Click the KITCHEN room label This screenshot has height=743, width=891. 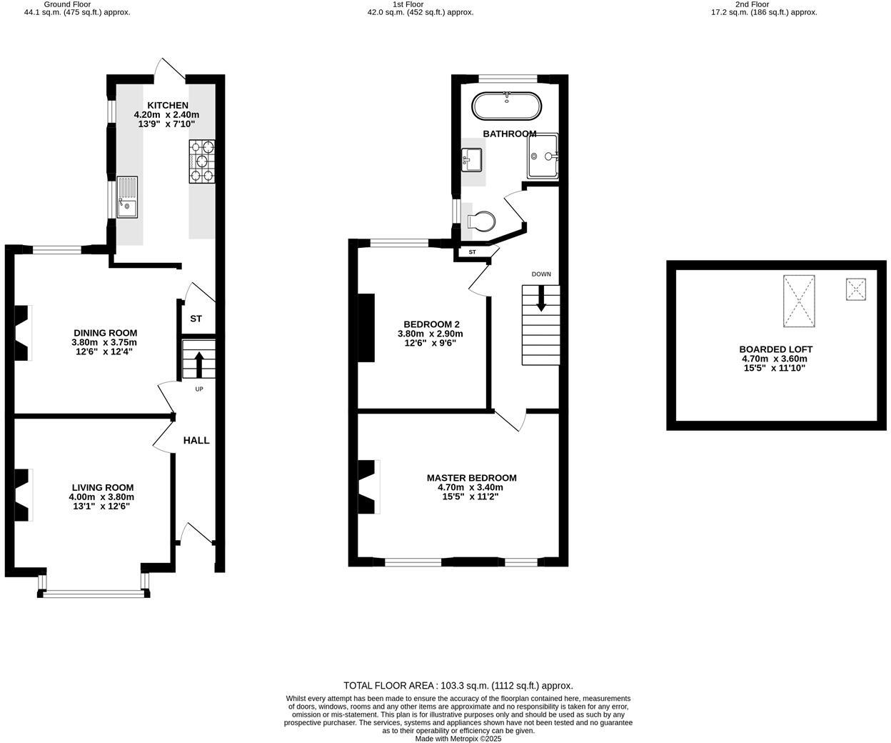168,105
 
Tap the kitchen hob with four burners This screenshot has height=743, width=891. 202,161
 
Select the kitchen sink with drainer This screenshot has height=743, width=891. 128,197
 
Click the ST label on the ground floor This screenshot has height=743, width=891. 196,319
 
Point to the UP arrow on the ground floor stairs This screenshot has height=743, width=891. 198,364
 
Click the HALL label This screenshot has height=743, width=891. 196,440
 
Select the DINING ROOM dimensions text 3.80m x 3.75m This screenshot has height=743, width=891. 105,342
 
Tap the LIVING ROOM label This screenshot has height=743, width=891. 102,487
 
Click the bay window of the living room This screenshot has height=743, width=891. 94,592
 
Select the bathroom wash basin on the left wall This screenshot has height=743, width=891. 472,159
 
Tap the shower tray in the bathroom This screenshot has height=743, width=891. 543,156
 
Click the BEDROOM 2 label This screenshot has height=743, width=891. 431,324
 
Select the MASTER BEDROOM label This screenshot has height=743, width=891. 471,478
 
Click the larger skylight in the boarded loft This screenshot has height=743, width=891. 798,301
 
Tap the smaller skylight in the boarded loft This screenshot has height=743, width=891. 856,289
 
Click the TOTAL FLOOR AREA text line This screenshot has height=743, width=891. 458,685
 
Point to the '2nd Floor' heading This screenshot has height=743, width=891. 763,4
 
